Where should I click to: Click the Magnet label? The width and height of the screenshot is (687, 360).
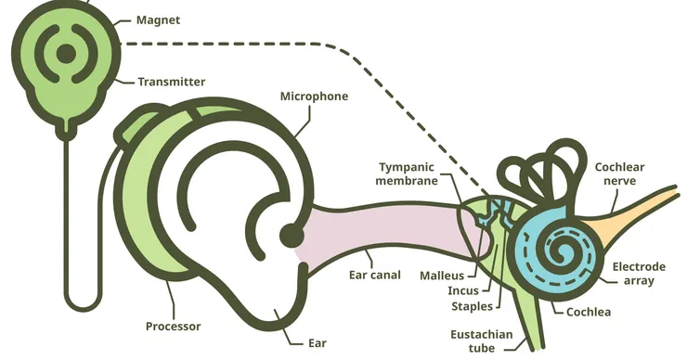coord(158,20)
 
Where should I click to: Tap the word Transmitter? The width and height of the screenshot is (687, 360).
coord(172,82)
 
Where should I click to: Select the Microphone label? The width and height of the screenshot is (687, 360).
coord(314,96)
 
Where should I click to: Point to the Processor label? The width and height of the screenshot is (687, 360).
coord(173,327)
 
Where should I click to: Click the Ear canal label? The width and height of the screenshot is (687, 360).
coord(375,275)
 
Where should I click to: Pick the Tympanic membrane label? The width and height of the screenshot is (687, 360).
coord(407,174)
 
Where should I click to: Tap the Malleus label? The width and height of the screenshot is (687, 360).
coord(442,276)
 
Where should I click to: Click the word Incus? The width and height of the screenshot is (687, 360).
coord(463,290)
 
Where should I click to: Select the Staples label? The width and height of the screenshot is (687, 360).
coord(472,306)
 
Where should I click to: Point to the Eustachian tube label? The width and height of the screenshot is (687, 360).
coord(482,341)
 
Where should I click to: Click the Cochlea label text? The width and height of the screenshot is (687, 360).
coord(589,312)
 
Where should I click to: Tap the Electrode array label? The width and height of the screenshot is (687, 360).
coord(639,274)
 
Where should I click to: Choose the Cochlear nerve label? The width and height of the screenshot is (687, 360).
coord(619,174)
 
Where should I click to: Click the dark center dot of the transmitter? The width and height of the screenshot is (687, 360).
coord(66,54)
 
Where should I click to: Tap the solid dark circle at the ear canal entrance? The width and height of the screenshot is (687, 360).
coord(292,236)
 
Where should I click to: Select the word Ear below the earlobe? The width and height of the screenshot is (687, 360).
coord(318,343)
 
